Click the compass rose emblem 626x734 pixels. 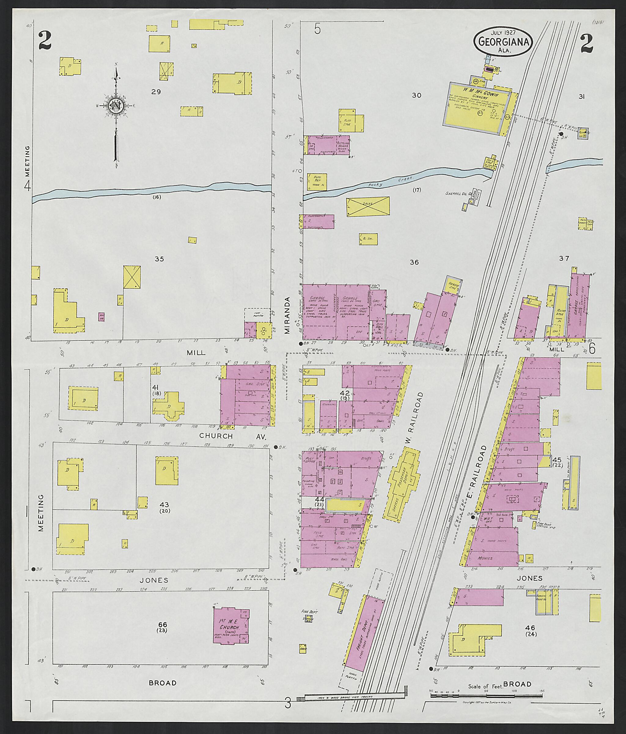(x=116, y=105)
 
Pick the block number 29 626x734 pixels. (x=156, y=92)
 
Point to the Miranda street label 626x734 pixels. (x=287, y=315)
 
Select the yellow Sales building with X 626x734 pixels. (x=368, y=206)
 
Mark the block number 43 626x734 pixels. (x=164, y=504)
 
